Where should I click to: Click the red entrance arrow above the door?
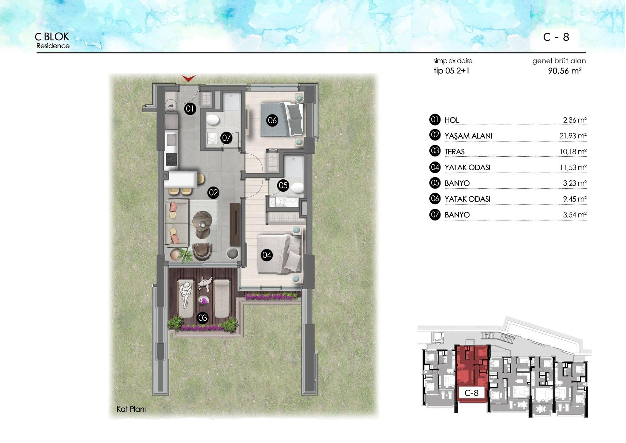click(188, 78)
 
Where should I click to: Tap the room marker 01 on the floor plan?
click(190, 109)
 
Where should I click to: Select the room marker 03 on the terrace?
click(202, 317)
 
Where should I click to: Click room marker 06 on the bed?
click(272, 120)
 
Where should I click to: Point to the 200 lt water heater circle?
click(171, 105)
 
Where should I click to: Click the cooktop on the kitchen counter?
click(171, 160)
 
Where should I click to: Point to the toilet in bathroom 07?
click(213, 120)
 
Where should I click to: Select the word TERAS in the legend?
click(455, 152)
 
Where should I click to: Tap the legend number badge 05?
click(435, 183)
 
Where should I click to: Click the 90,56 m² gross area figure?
click(565, 71)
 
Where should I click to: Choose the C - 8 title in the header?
click(556, 37)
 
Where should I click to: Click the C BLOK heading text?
click(52, 37)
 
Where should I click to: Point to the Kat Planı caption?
click(131, 409)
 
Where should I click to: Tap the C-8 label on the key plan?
click(471, 393)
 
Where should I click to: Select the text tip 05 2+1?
click(451, 71)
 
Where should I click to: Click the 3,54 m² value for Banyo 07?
click(574, 215)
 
